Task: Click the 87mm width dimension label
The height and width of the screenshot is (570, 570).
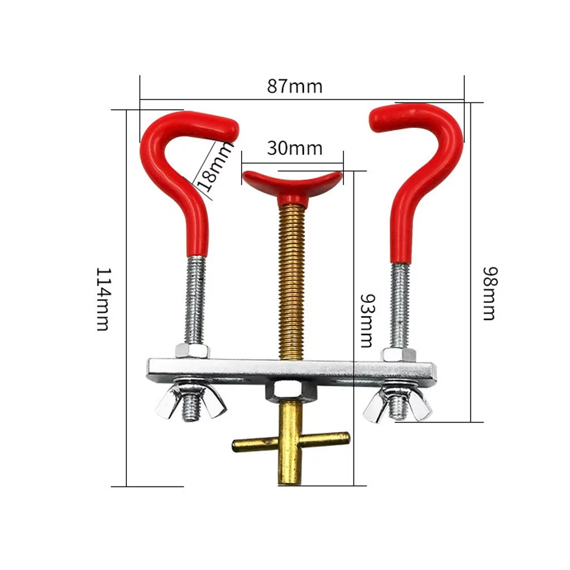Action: click(x=294, y=86)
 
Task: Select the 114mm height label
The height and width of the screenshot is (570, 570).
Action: click(x=102, y=299)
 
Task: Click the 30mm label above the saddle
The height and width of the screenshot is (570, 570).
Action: click(x=294, y=148)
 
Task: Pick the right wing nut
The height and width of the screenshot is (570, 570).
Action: click(x=397, y=405)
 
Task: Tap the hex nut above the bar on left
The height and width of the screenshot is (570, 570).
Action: click(x=192, y=351)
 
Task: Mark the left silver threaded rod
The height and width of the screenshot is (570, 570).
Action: click(x=195, y=301)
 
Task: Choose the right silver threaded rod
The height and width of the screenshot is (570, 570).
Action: click(x=400, y=305)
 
